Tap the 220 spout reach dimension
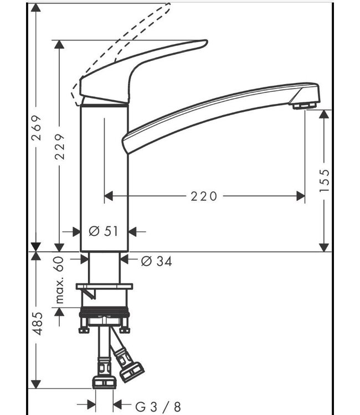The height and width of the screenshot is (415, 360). tap(204, 196)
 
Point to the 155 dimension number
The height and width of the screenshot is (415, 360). tap(325, 180)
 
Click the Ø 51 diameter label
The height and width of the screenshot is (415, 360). tap(104, 232)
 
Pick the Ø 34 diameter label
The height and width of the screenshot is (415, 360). tap(156, 261)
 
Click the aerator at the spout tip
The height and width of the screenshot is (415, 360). tap(305, 105)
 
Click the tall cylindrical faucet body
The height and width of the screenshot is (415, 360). tap(105, 177)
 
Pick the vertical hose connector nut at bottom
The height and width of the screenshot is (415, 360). tap(104, 382)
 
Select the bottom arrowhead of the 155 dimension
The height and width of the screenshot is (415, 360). tap(325, 247)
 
